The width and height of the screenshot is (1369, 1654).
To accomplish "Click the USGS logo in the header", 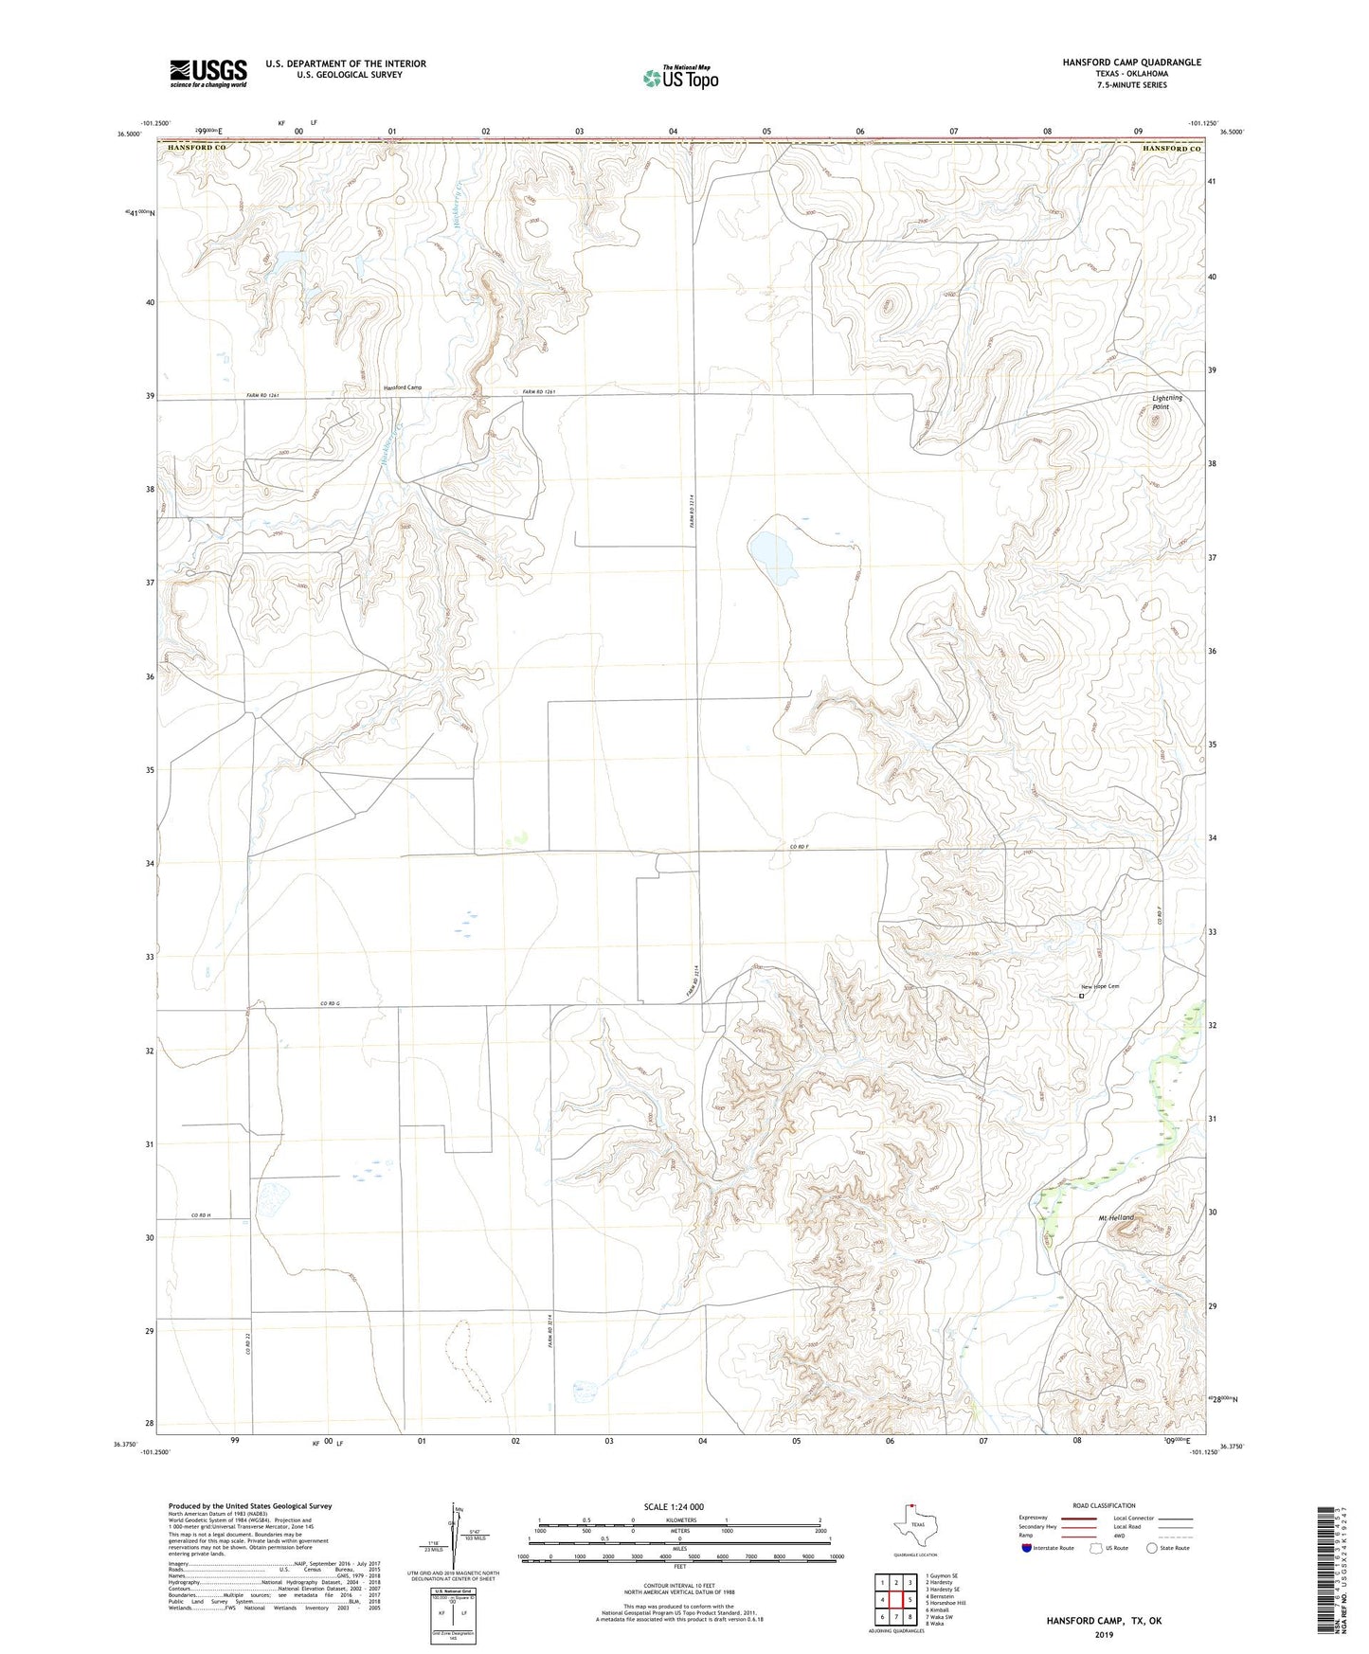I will (208, 73).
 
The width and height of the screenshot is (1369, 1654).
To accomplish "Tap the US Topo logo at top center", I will (679, 78).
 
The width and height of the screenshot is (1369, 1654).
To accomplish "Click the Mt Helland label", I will (1115, 1217).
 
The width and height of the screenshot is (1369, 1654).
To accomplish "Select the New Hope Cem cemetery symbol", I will (1081, 996).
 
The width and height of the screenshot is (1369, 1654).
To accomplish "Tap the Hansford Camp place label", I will (403, 387).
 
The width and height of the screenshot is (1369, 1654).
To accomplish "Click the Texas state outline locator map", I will (914, 1528).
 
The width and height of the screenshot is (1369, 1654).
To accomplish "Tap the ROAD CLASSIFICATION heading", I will (1104, 1505).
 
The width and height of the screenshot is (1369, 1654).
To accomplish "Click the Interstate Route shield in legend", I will (1027, 1548).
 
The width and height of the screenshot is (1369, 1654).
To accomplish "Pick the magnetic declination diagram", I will (459, 1537).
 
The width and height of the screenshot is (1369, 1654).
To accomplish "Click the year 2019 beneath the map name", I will (1103, 1635).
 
